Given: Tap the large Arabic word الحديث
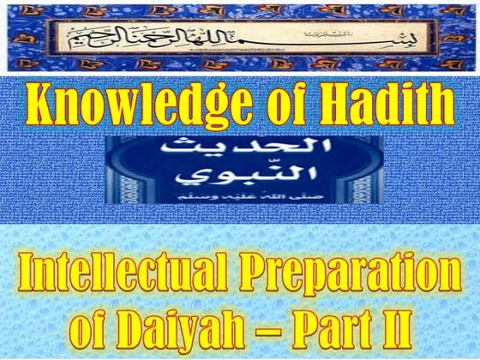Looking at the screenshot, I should pos(241,155).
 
